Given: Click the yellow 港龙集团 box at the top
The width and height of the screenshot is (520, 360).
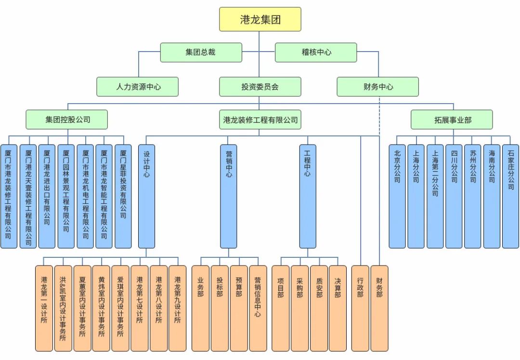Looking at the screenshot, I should [x=260, y=19].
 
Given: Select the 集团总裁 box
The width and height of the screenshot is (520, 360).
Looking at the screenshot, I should [x=201, y=53].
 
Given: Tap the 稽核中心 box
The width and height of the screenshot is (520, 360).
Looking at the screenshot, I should [x=316, y=53].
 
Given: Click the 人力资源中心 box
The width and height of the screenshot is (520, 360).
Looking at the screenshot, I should [x=138, y=87].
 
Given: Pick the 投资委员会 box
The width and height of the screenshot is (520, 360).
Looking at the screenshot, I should [x=260, y=87].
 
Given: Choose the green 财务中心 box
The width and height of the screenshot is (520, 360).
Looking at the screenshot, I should [x=377, y=87].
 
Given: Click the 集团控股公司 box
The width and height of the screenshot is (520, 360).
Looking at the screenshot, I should [x=66, y=120].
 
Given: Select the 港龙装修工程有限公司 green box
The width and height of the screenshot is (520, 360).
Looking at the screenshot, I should [x=260, y=120].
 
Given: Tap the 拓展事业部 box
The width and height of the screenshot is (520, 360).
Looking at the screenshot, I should [x=452, y=120].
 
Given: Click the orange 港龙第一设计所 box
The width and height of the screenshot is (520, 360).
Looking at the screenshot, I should [x=44, y=308].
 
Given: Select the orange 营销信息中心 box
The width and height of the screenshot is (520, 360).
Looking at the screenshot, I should [x=258, y=308].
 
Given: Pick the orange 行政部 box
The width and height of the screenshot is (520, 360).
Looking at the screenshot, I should [x=360, y=308].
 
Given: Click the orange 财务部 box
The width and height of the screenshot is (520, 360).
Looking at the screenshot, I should [x=379, y=308].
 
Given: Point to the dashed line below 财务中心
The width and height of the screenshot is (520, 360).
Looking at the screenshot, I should [x=379, y=120].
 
